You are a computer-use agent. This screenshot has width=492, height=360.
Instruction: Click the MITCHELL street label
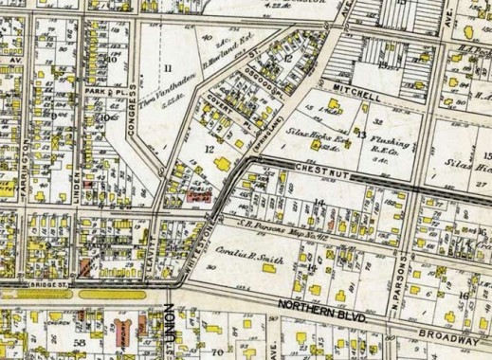point(355,97)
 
